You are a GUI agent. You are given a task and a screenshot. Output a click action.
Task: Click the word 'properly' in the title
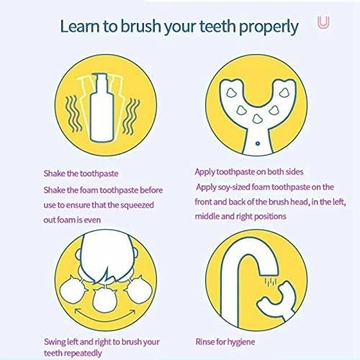click(264, 27)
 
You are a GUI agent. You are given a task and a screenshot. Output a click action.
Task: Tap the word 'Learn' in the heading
click(80, 27)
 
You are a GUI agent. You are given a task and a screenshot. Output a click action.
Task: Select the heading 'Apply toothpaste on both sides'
click(248, 172)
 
